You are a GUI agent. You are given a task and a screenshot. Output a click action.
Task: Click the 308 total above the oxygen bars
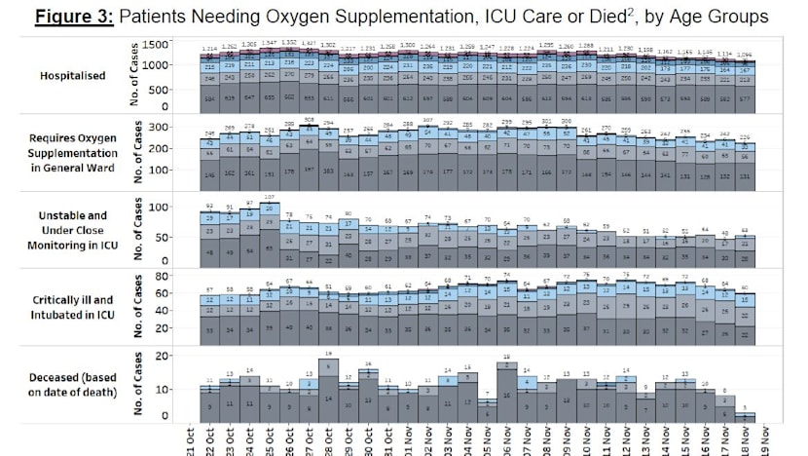click(x=309, y=120)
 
